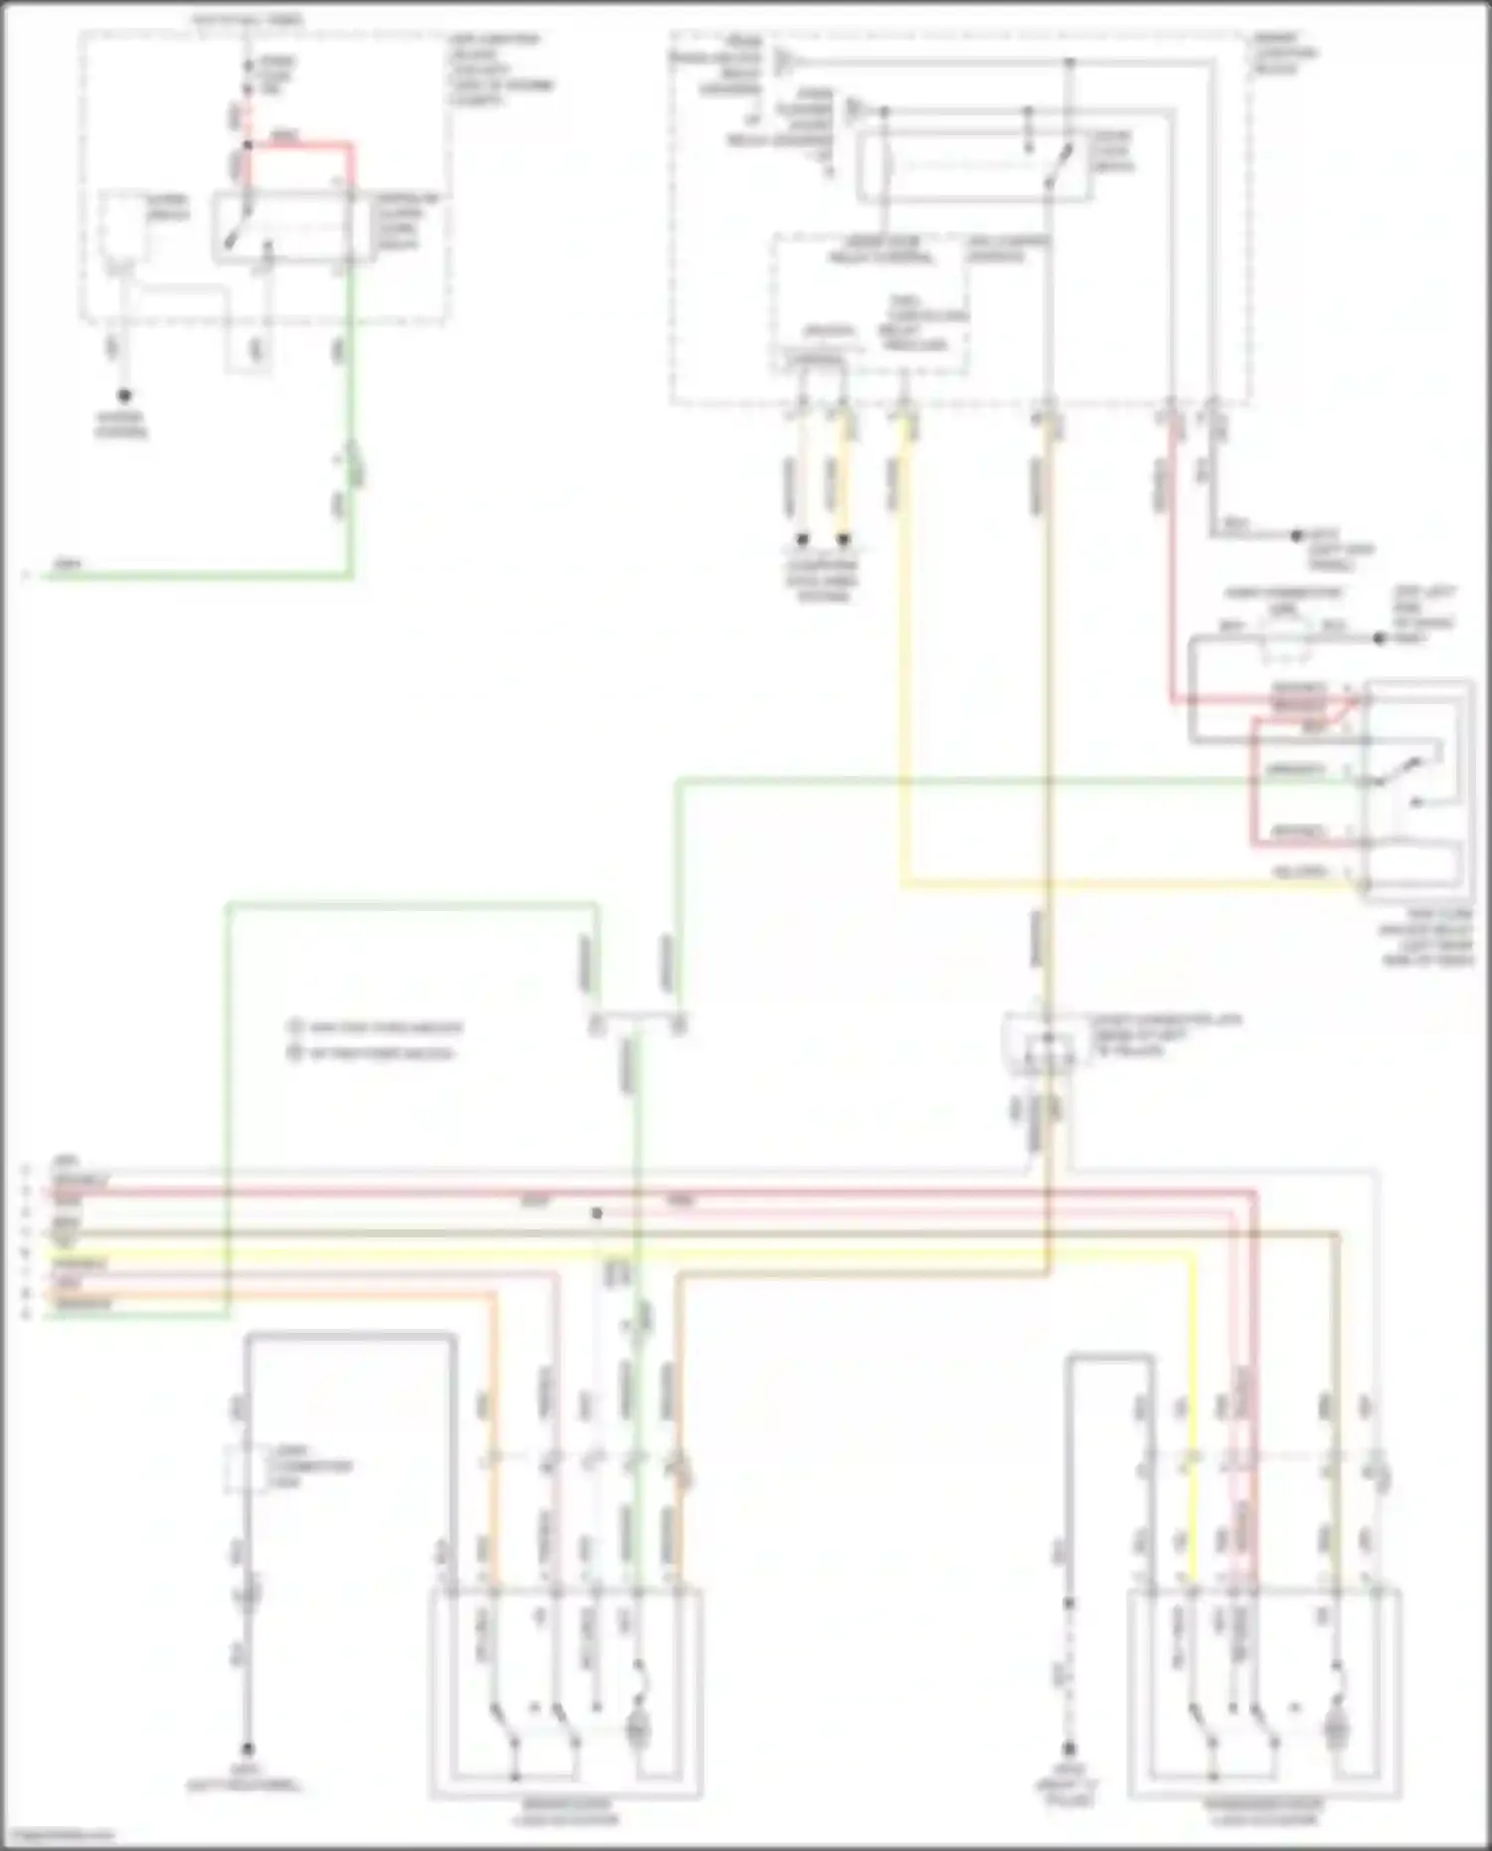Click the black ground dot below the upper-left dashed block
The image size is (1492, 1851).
click(124, 395)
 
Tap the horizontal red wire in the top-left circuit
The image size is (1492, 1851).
click(298, 145)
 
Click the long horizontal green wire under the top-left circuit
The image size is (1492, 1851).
click(199, 575)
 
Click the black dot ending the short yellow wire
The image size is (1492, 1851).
click(844, 541)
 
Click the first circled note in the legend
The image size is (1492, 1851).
click(294, 1026)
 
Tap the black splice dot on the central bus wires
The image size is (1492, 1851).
click(597, 1213)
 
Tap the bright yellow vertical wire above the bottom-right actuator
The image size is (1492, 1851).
click(1192, 1412)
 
